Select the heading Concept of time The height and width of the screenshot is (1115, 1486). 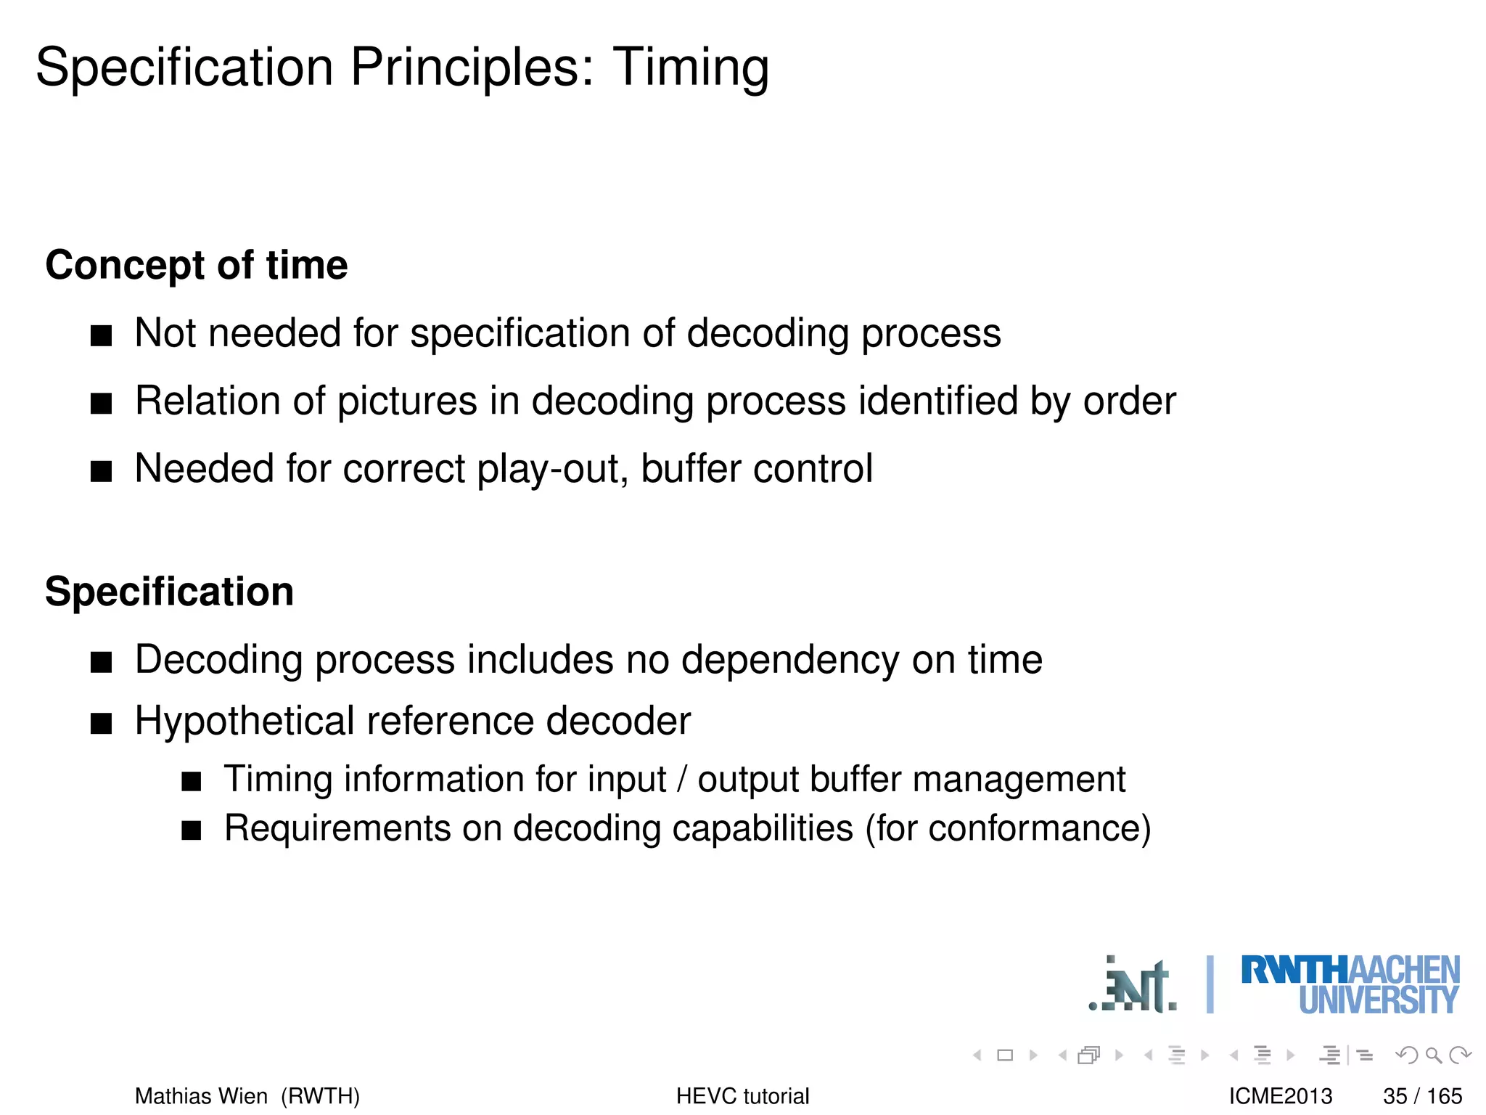pos(197,265)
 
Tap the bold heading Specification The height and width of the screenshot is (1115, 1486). pos(170,592)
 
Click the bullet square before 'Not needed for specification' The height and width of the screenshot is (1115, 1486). pos(101,336)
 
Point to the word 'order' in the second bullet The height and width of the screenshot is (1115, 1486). pos(1129,401)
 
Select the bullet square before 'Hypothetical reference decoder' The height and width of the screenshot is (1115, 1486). pos(101,724)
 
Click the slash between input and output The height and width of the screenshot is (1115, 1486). pos(681,780)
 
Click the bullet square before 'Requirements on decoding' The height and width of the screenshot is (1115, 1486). pos(191,830)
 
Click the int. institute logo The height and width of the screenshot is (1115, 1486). pos(1133,986)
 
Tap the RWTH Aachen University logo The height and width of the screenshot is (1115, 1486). pos(1350,985)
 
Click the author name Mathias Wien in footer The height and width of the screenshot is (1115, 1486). pos(201,1096)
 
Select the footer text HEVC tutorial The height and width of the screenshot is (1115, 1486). pos(742,1096)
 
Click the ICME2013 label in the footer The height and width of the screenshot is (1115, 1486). pos(1280,1096)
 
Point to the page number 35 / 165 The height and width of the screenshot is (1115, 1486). pos(1422,1096)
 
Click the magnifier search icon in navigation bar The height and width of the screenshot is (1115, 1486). pos(1433,1055)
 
